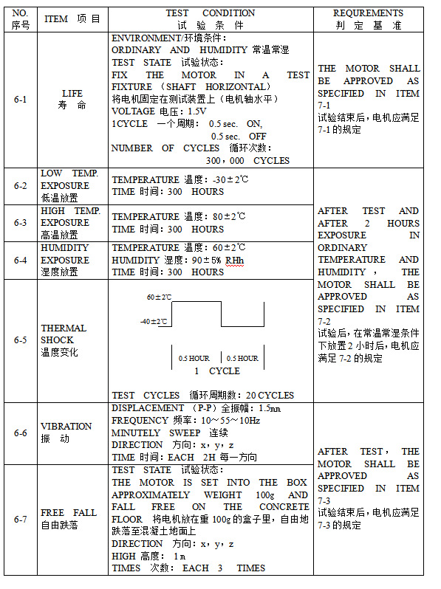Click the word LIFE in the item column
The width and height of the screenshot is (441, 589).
(x=72, y=94)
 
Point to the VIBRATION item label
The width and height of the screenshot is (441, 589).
(x=66, y=426)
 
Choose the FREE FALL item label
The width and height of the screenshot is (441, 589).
(x=68, y=512)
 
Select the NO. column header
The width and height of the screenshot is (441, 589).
(x=20, y=13)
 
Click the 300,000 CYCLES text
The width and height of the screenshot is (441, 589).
(x=247, y=160)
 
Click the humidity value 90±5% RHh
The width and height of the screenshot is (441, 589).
(x=217, y=260)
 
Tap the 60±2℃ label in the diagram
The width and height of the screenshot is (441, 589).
(x=159, y=297)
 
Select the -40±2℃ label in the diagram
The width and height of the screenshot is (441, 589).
(x=154, y=322)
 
